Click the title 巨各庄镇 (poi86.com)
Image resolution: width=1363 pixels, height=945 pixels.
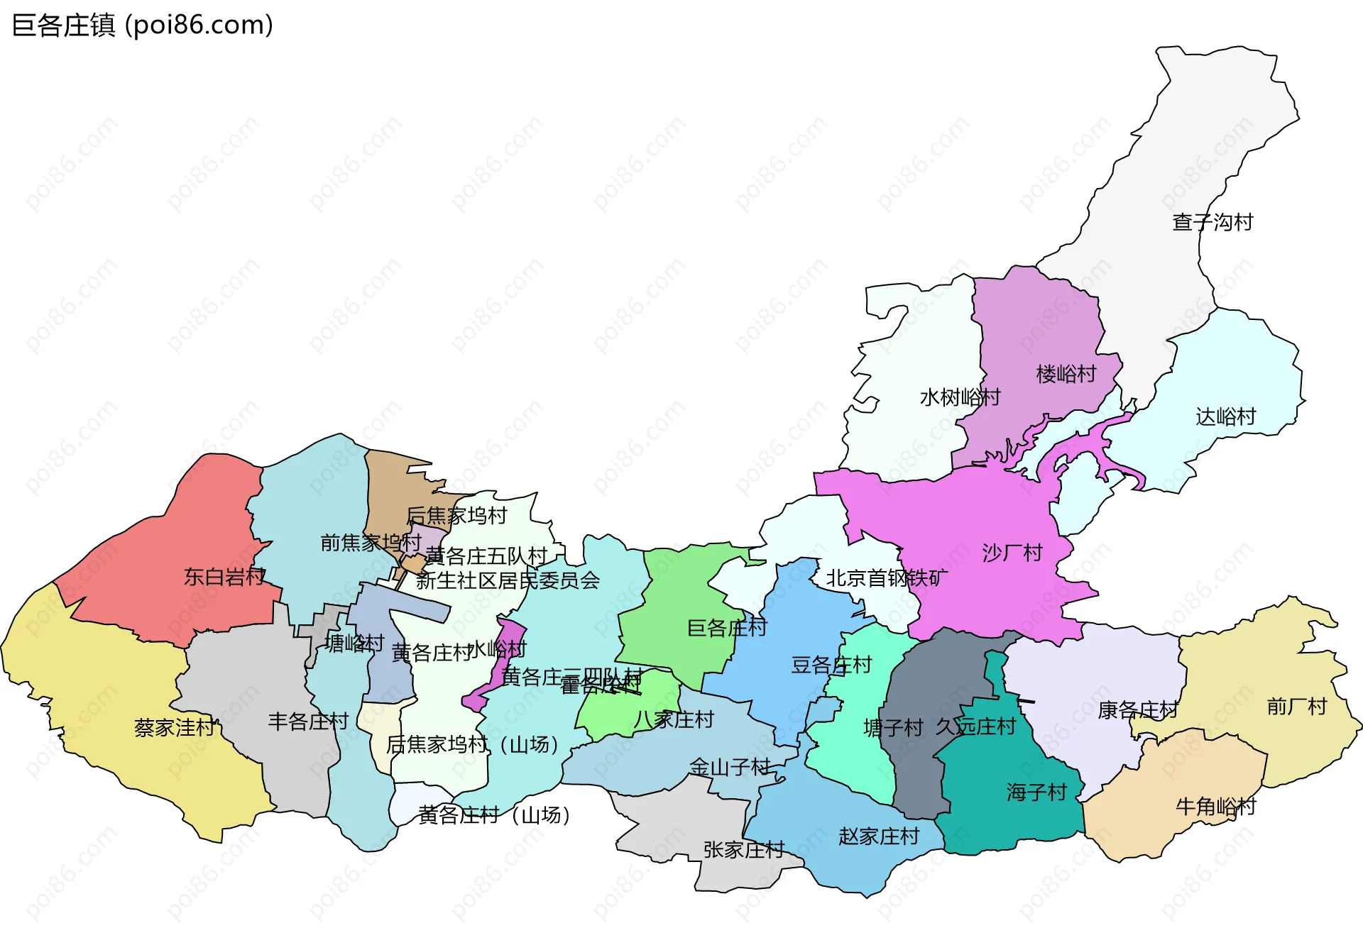(142, 26)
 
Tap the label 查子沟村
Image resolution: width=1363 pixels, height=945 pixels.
(1213, 222)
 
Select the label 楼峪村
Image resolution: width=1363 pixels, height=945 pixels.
(1066, 374)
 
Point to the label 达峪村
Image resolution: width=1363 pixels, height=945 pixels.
(1226, 416)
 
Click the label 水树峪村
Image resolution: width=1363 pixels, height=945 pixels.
(960, 397)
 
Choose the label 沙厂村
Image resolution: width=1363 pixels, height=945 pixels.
(1012, 553)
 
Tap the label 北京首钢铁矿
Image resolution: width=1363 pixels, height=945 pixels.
(887, 578)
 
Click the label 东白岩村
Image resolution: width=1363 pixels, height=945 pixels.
(224, 577)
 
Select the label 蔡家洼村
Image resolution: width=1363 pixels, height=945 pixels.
(175, 728)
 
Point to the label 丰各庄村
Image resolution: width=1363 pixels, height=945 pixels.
(308, 722)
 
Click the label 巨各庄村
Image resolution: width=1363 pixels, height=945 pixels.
(727, 628)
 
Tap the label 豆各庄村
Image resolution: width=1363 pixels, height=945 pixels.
(831, 665)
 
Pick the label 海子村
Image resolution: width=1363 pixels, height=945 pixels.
(1036, 792)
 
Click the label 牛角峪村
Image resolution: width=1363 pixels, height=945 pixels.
(1215, 807)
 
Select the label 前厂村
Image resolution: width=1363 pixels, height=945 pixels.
(1297, 707)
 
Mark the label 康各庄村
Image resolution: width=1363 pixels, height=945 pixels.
(1137, 710)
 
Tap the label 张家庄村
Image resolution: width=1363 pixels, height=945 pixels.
(743, 849)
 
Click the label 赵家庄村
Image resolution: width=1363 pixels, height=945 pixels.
(879, 836)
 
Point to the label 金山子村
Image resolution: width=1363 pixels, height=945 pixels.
(730, 767)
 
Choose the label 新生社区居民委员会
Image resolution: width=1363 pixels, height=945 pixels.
(508, 581)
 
